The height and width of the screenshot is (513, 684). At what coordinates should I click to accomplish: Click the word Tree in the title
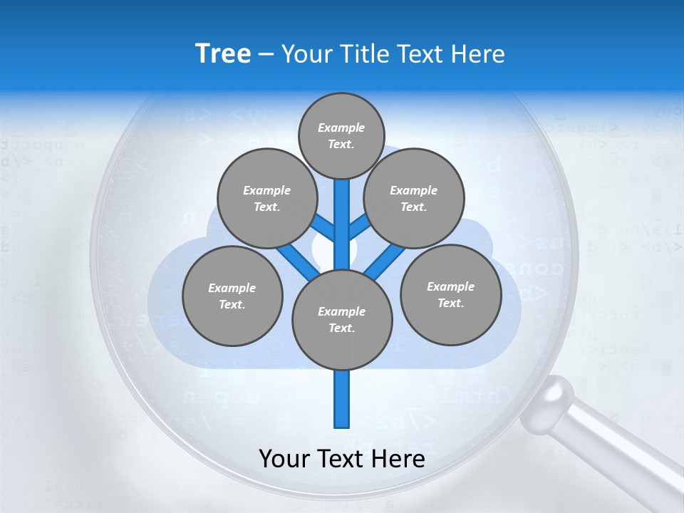(223, 54)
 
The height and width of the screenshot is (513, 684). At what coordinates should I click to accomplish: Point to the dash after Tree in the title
(266, 55)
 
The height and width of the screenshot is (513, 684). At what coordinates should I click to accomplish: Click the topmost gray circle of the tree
(341, 136)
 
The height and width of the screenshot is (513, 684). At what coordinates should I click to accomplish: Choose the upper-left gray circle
(266, 199)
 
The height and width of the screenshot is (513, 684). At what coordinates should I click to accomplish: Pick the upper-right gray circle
(414, 199)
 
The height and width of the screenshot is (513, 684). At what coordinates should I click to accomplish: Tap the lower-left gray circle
(232, 296)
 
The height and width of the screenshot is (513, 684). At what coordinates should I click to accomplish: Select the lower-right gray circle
(451, 295)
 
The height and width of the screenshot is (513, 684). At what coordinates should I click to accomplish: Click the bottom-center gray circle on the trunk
(342, 319)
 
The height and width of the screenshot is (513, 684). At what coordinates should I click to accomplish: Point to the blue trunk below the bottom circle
(342, 399)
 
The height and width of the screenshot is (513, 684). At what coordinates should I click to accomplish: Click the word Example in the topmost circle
(341, 128)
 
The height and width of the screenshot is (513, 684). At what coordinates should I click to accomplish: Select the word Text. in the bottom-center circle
(341, 328)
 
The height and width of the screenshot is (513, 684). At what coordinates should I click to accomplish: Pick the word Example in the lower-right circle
(450, 286)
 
